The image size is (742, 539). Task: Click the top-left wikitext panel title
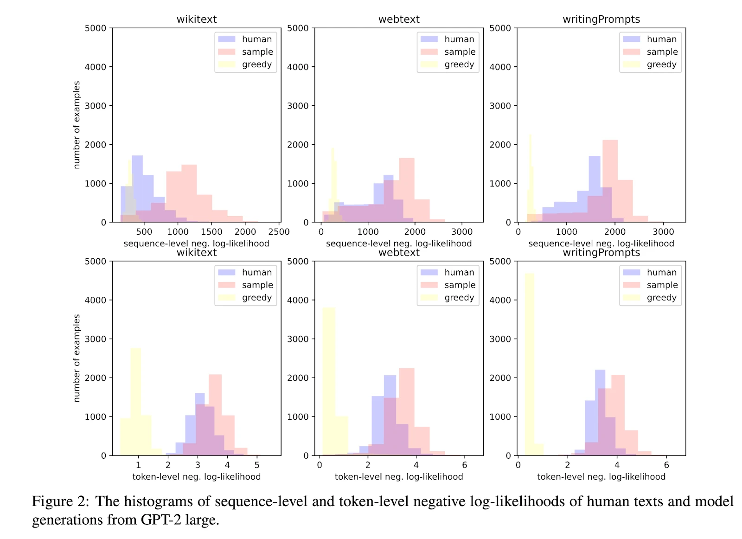[x=197, y=19]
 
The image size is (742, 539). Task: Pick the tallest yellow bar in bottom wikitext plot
[x=135, y=402]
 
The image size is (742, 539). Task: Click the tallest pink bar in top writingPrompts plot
[x=610, y=181]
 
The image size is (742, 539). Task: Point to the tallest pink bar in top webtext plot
[x=407, y=190]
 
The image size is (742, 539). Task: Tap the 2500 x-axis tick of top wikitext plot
[x=279, y=232]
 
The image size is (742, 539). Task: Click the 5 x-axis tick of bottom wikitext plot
[x=257, y=465]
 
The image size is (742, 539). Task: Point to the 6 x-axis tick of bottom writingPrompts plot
[x=666, y=465]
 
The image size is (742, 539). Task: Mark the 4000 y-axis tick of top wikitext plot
[x=96, y=67]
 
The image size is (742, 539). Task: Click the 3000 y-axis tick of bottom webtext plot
[x=298, y=339]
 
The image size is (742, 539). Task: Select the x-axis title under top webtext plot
[x=399, y=244]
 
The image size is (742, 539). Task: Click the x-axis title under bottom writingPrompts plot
[x=601, y=476]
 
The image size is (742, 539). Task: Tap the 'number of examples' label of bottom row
[x=77, y=358]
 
